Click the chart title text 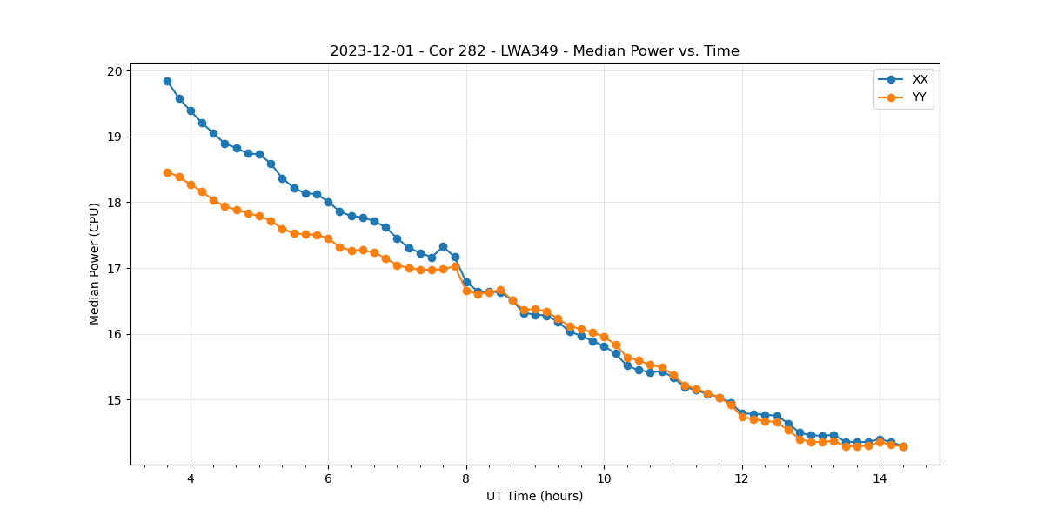point(534,51)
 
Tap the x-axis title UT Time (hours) point(534,496)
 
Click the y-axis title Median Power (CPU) point(95,264)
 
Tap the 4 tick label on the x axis point(191,478)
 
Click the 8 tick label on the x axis point(466,478)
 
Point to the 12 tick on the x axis point(742,478)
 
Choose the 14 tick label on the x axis point(880,478)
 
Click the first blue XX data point point(167,81)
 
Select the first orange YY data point point(167,172)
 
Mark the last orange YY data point point(903,446)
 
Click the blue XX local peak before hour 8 point(443,246)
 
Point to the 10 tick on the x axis point(604,478)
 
